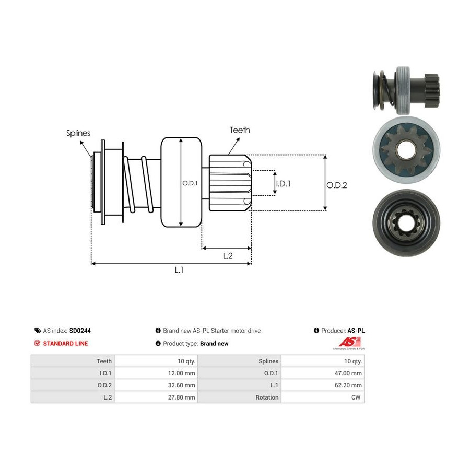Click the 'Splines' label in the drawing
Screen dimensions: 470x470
(x=78, y=133)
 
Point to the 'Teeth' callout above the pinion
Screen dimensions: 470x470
(x=240, y=130)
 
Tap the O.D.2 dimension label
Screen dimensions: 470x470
(x=337, y=185)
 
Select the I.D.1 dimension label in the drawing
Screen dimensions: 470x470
(x=283, y=183)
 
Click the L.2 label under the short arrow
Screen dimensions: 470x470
(x=228, y=256)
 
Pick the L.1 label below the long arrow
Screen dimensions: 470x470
(x=179, y=270)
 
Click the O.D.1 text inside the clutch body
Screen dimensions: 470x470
(x=190, y=183)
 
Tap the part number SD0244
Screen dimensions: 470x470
(x=80, y=331)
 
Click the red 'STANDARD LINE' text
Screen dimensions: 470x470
(x=65, y=344)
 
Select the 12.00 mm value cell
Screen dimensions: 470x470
(x=156, y=373)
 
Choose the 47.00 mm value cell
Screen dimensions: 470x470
(x=323, y=373)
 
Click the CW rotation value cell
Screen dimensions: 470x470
(x=323, y=397)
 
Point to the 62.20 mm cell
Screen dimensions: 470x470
(x=323, y=385)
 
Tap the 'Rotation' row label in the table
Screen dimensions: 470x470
(x=267, y=397)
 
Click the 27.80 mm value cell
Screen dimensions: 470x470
(x=156, y=397)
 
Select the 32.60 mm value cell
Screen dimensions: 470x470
(x=156, y=385)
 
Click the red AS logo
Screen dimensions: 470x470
(x=349, y=342)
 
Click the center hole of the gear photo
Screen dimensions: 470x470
(x=406, y=149)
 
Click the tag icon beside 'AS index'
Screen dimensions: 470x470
(x=38, y=331)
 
